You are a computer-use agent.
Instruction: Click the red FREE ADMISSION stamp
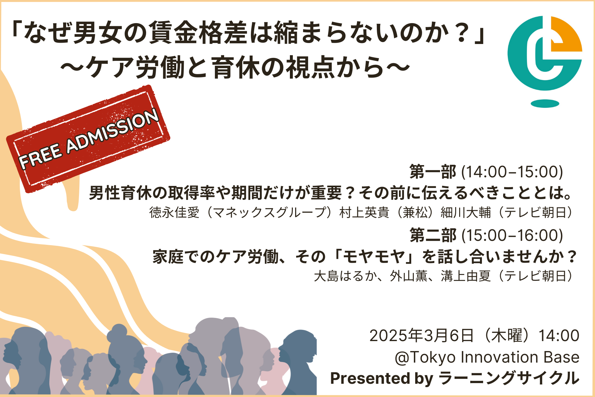point(88,139)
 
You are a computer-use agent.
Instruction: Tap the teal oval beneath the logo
point(545,104)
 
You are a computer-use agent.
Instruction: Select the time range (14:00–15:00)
point(512,172)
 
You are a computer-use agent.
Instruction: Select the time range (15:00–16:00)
point(512,236)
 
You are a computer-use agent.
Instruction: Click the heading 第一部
point(433,172)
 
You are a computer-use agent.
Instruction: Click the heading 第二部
point(433,236)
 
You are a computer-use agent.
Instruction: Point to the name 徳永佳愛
point(175,212)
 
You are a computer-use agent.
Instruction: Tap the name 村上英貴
point(364,212)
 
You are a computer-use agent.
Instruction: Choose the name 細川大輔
point(466,212)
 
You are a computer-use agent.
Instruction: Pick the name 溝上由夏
point(466,276)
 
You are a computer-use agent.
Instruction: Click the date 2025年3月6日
point(422,335)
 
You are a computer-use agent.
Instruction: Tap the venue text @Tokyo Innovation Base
point(487,357)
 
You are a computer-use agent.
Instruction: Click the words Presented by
point(382,378)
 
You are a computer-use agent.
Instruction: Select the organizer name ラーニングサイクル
point(509,378)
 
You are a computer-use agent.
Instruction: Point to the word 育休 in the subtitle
point(236,68)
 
